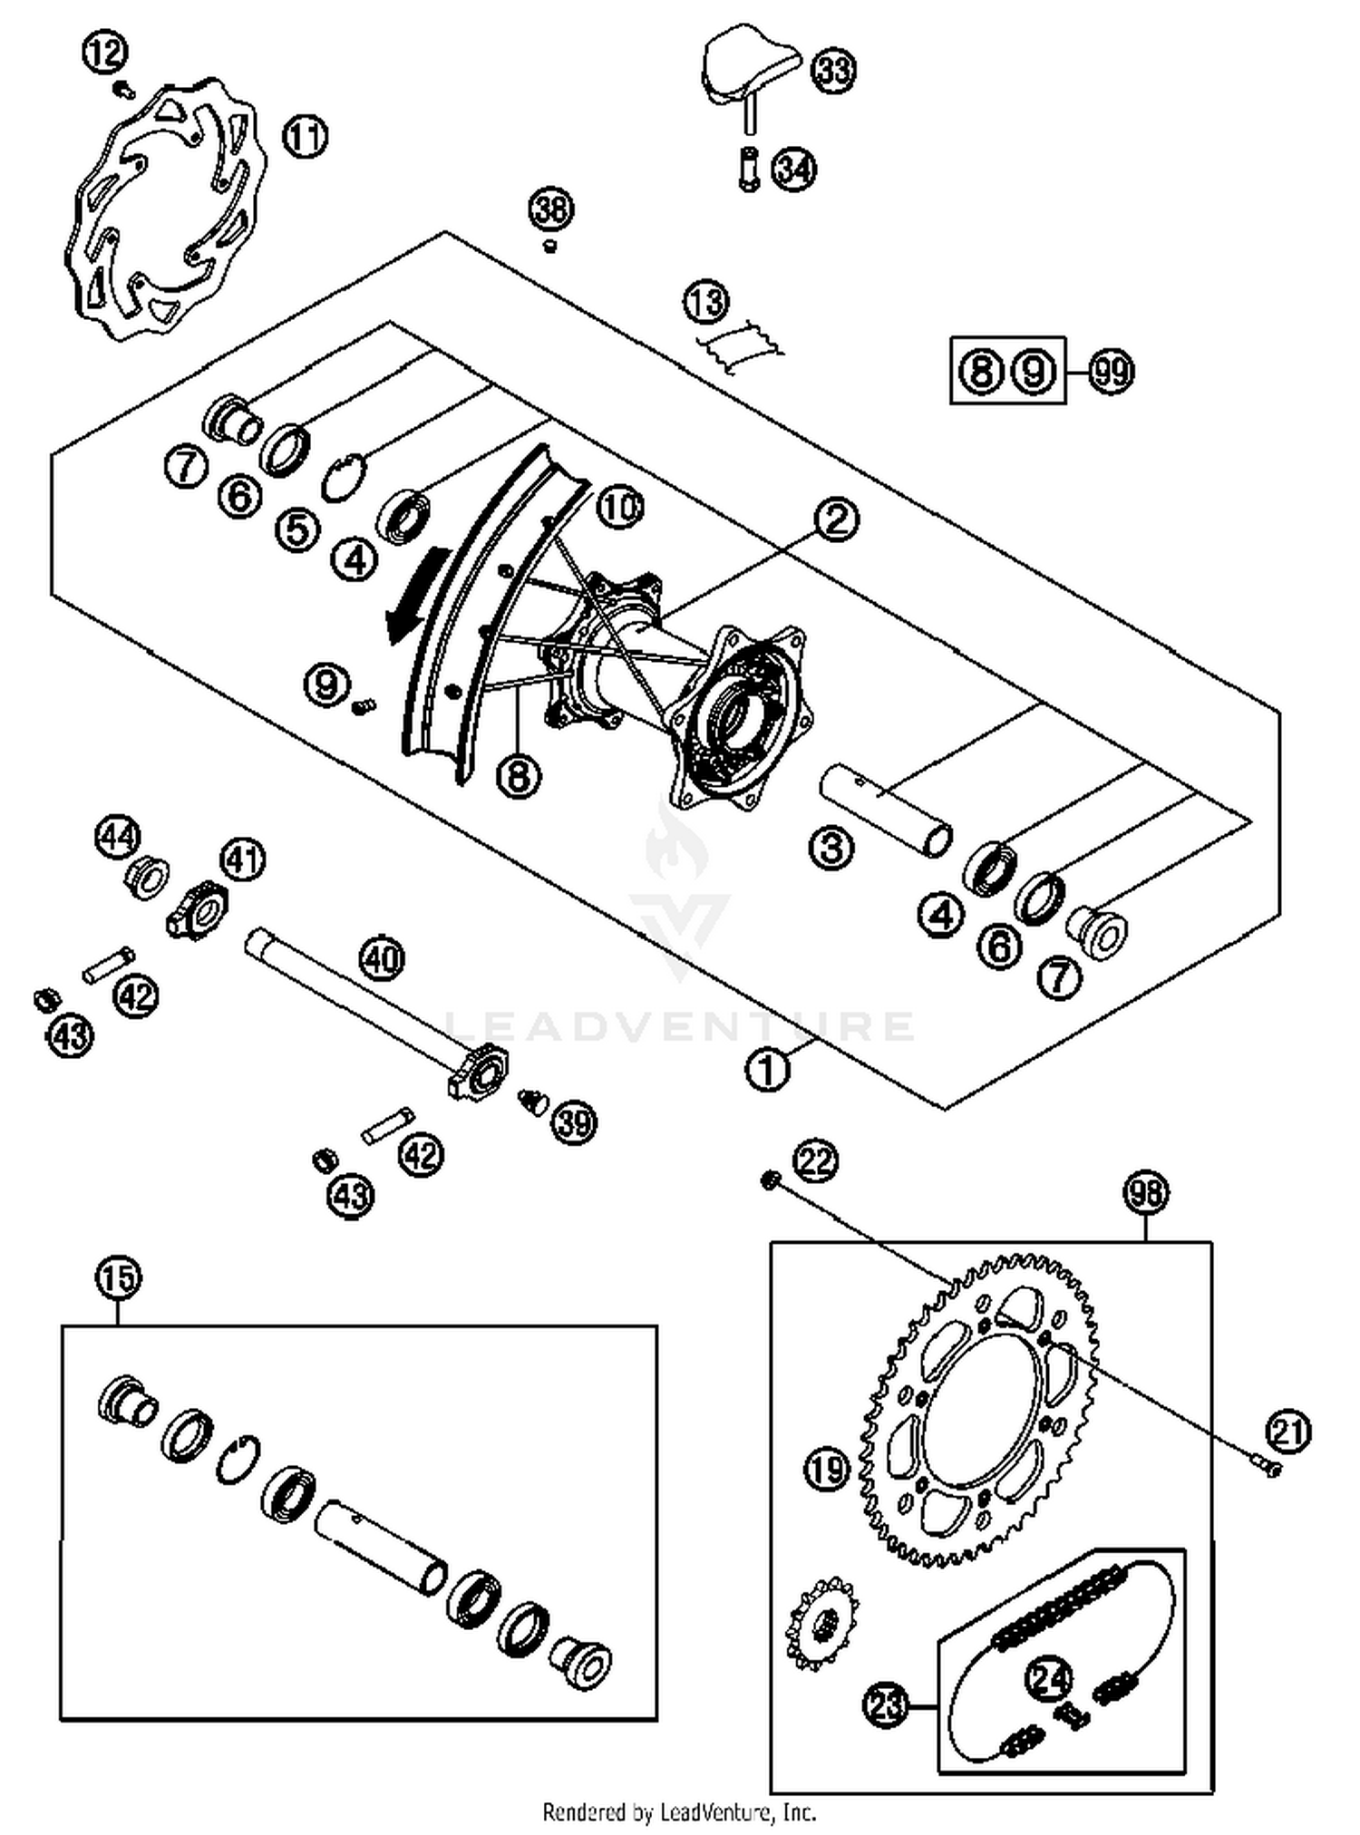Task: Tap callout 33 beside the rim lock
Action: coord(833,70)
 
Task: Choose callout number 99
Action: coord(1111,371)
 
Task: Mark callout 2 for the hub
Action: coord(835,519)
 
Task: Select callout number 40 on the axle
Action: coord(382,958)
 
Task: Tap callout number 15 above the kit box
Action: coord(119,1277)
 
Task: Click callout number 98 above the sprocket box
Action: coord(1145,1192)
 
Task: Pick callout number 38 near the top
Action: coord(551,209)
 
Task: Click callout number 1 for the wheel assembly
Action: coord(767,1070)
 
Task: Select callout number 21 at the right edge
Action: coord(1289,1432)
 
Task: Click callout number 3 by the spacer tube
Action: coord(831,848)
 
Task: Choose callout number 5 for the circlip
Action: coord(298,529)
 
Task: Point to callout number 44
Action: coord(118,835)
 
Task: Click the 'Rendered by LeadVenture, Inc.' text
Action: coord(679,1812)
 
